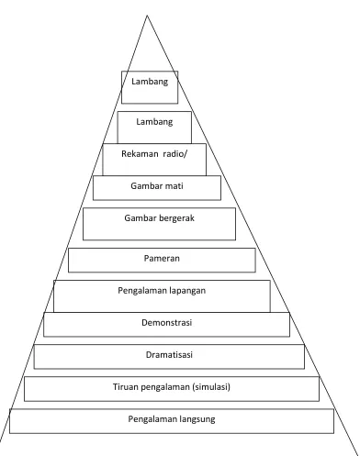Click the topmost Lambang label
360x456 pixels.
(150, 82)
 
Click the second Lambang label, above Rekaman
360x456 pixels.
(154, 122)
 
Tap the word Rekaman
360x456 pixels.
(140, 153)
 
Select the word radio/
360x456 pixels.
(174, 153)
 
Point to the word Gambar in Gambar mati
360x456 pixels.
(144, 186)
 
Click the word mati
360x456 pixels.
(173, 186)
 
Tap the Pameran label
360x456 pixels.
(162, 259)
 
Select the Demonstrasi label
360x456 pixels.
(167, 323)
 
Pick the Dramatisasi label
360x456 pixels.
(169, 355)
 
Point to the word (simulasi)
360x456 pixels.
(211, 387)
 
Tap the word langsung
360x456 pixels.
(197, 419)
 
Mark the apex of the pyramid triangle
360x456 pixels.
(147, 16)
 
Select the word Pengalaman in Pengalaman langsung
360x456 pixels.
(152, 419)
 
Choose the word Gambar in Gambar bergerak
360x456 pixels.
(138, 218)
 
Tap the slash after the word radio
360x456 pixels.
(185, 153)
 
